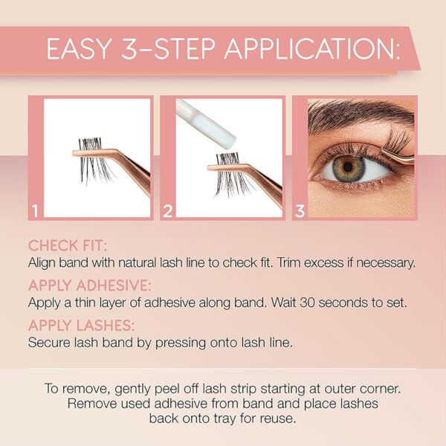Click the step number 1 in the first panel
click(34, 210)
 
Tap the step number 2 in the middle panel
click(167, 210)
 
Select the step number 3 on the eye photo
click(300, 210)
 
